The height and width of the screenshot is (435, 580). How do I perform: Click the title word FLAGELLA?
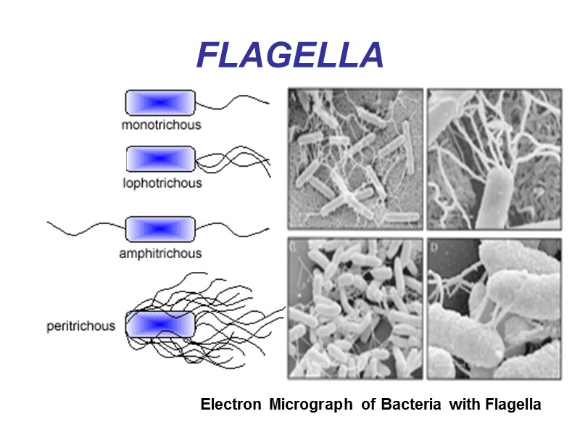(x=290, y=55)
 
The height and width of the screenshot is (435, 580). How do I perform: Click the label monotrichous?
(x=161, y=125)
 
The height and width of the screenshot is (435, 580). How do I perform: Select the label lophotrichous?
(x=162, y=183)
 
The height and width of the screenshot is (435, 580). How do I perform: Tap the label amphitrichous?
(x=160, y=254)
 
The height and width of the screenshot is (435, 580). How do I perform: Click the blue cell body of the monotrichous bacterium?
(x=160, y=102)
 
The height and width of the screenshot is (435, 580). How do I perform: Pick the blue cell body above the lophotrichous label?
(x=160, y=158)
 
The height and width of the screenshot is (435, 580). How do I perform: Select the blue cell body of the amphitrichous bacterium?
(x=160, y=228)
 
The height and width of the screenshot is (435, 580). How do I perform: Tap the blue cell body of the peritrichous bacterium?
(x=160, y=324)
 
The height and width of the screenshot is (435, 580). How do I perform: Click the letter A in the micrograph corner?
(x=292, y=94)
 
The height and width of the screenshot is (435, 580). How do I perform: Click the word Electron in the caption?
(x=231, y=405)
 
